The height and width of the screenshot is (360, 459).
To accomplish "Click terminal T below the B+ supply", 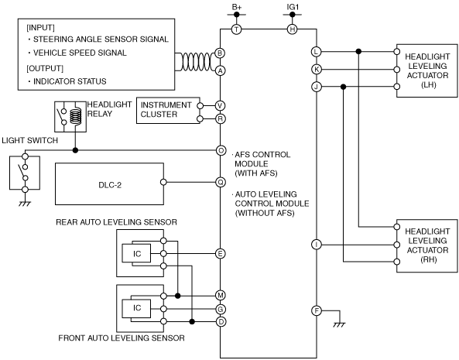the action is [237, 29].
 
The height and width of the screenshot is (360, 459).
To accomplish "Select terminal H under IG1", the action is [292, 29].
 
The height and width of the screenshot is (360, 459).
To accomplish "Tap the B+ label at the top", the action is [237, 7].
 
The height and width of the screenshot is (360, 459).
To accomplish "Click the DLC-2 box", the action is [109, 183].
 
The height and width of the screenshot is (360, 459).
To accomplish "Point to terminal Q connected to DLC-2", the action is [221, 183].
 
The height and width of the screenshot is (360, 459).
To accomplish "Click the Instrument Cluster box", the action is [168, 111].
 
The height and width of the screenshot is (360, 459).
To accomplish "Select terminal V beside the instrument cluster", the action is [220, 105].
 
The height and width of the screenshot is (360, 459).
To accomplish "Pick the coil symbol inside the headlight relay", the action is [76, 116].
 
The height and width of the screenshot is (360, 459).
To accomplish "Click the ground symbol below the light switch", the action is [25, 204].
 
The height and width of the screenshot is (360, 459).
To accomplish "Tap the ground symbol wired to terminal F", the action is [340, 324].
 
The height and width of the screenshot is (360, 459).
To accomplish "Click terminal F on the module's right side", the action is [317, 310].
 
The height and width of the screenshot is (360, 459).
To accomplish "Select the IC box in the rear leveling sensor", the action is [136, 253].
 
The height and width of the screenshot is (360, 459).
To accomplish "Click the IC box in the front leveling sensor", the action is [136, 308].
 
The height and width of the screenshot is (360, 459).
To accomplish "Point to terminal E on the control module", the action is [220, 253].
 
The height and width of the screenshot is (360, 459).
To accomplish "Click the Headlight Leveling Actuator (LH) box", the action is [427, 70].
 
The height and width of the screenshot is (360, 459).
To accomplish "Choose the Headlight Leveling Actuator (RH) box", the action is [427, 246].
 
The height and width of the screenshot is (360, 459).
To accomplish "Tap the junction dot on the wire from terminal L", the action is [358, 52].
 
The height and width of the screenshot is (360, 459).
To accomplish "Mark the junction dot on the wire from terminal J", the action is [344, 87].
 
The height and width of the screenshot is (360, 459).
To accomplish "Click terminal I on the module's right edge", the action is [317, 245].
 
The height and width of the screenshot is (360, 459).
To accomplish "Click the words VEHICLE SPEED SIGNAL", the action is [80, 53].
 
